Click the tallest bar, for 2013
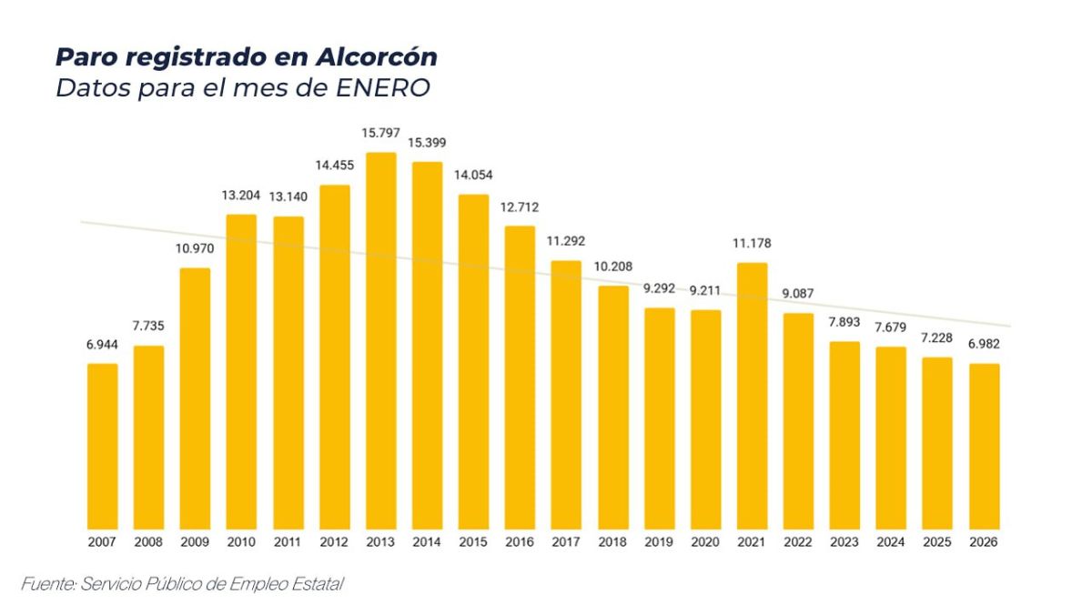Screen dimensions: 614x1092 pos(380,340)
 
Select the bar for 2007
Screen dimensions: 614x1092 pos(103,446)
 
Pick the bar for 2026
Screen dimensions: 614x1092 pos(984,446)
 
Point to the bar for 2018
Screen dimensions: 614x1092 pos(613,407)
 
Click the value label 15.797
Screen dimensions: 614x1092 pos(380,133)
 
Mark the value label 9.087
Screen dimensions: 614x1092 pos(798,294)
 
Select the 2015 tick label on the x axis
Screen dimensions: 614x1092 pos(473,541)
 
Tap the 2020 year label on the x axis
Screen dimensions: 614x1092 pos(705,541)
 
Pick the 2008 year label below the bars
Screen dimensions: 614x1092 pos(149,541)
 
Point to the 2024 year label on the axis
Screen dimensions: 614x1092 pos(891,541)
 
